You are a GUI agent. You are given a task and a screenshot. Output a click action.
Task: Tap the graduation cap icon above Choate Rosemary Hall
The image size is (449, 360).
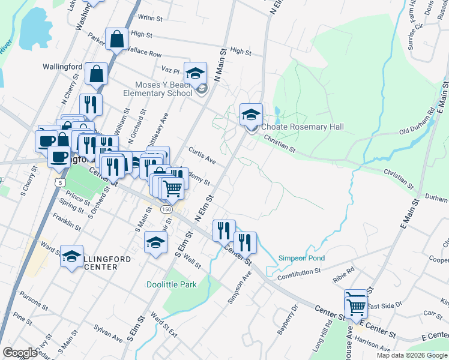[251, 115]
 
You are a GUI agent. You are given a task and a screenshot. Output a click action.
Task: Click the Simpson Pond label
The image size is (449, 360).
[301, 259]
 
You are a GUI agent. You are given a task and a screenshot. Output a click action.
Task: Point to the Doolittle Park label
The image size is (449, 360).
[172, 284]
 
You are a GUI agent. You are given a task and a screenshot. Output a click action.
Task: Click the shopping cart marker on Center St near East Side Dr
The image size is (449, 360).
[357, 306]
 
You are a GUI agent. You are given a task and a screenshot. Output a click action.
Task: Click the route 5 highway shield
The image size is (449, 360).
[59, 181]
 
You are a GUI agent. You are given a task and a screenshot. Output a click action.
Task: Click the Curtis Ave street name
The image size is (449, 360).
[202, 155]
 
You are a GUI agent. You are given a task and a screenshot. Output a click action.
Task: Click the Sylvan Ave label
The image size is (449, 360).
[109, 333]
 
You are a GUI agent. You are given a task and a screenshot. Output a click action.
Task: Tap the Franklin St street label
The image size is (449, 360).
[67, 222]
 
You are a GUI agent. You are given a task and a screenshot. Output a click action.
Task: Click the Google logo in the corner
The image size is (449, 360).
[20, 353]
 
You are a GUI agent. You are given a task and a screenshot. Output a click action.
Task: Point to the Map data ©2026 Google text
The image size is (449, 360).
[411, 355]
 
